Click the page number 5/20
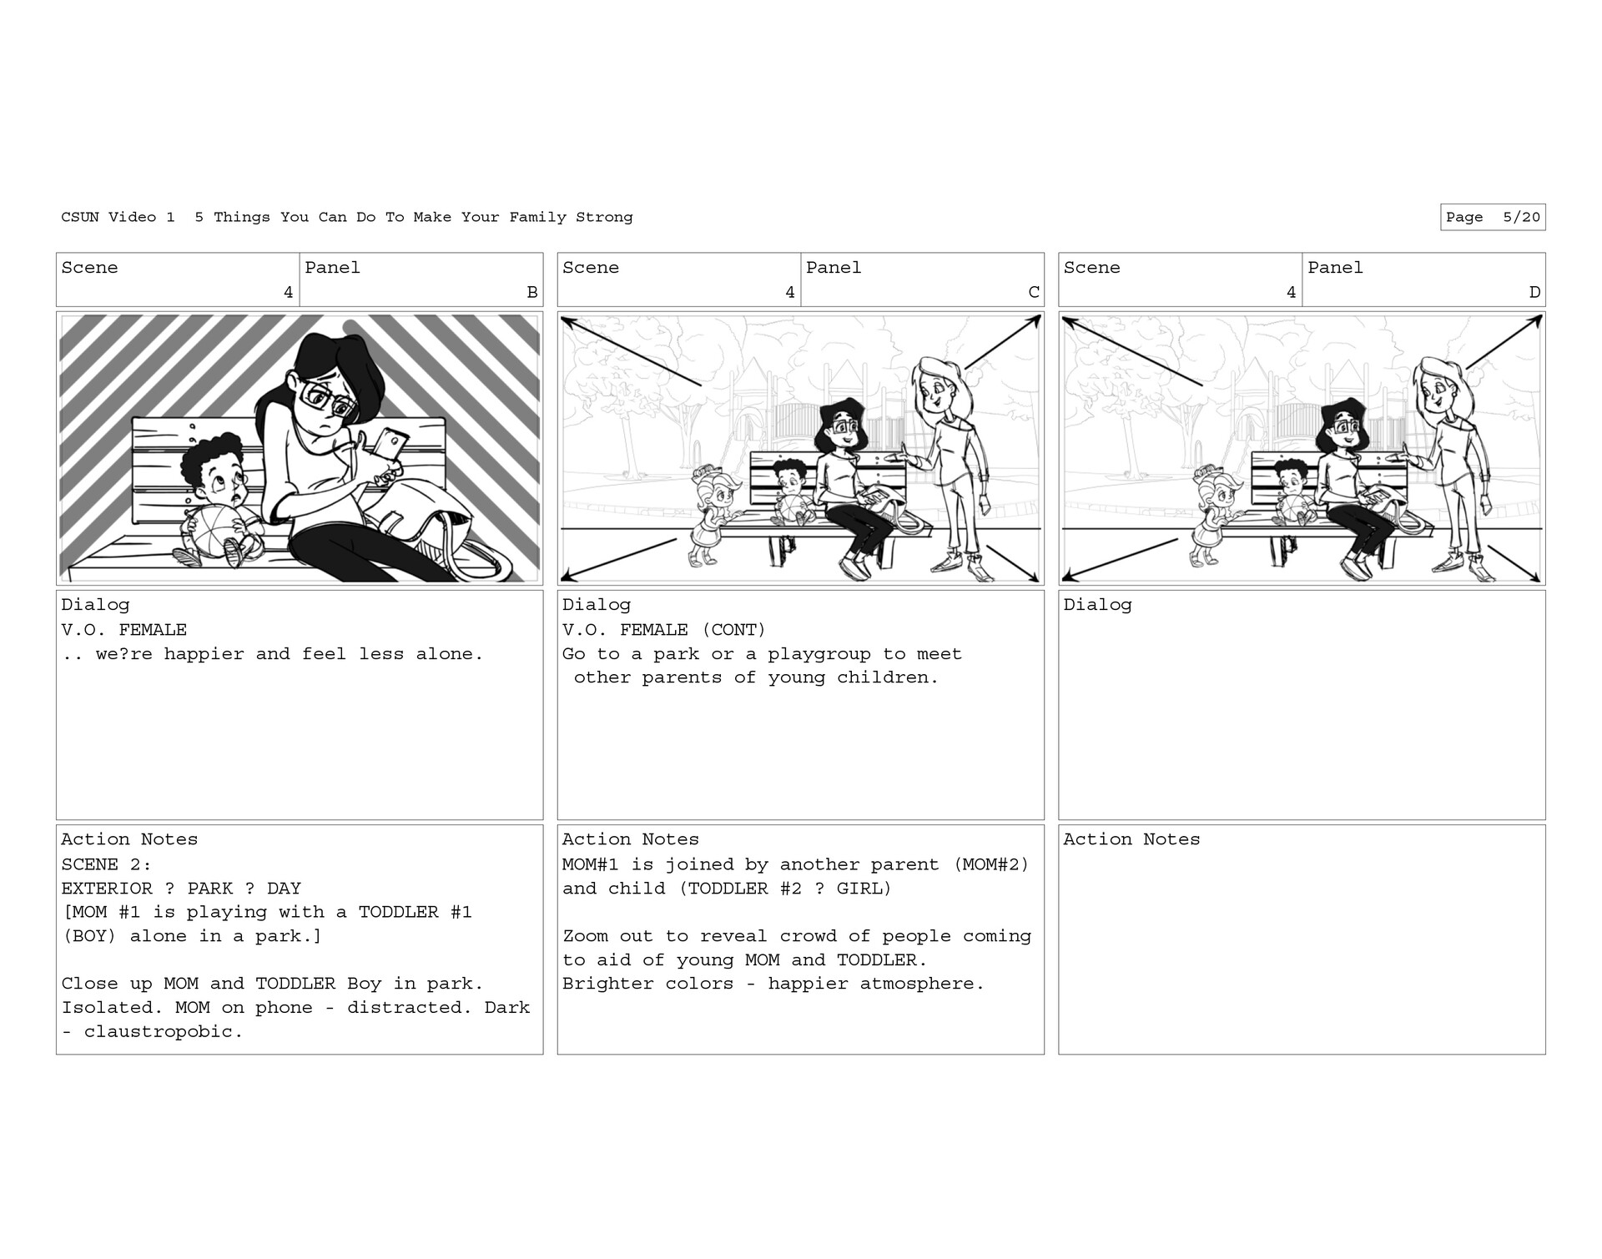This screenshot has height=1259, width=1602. click(x=1521, y=218)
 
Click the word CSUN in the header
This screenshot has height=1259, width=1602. click(x=79, y=218)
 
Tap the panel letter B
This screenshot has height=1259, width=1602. click(x=532, y=292)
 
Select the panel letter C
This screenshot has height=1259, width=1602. click(x=1034, y=292)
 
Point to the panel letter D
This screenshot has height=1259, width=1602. click(x=1534, y=292)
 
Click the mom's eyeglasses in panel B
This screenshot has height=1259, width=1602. click(x=329, y=400)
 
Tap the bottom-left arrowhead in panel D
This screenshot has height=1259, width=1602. click(x=1069, y=576)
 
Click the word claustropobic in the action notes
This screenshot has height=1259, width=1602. click(x=163, y=1032)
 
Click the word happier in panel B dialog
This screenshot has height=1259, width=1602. click(x=204, y=654)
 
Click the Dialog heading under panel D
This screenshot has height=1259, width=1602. click(x=1097, y=605)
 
